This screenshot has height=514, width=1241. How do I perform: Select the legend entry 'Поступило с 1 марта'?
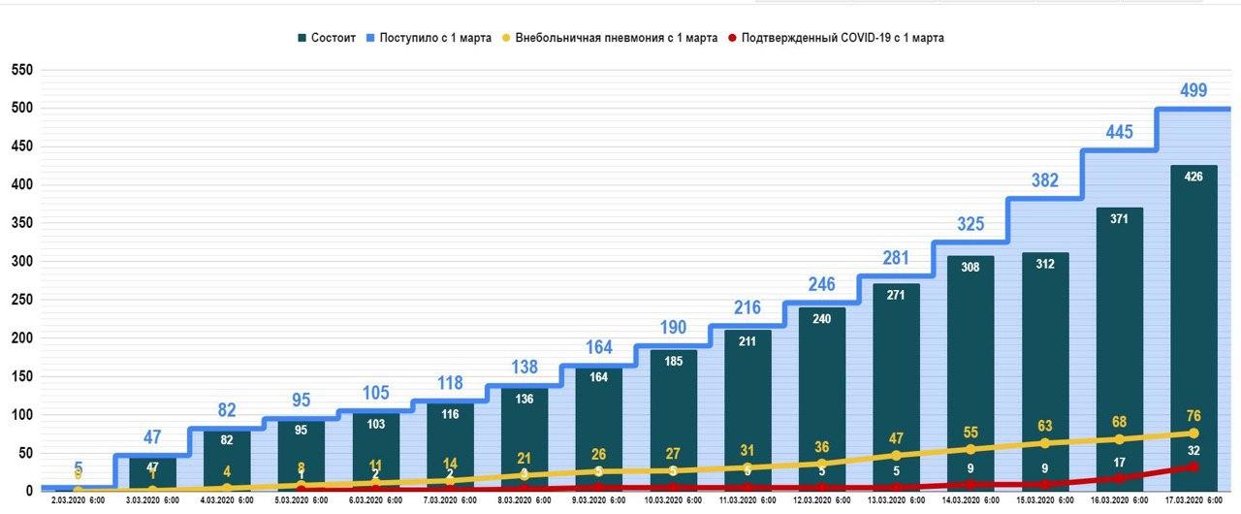(x=435, y=38)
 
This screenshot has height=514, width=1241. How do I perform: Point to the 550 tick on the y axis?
(x=21, y=70)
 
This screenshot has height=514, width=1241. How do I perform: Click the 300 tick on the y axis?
(x=21, y=261)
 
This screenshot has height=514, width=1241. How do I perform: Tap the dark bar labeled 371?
(x=1120, y=349)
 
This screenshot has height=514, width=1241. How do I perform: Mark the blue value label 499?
(x=1193, y=90)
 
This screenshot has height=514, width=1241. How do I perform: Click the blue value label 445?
(x=1120, y=132)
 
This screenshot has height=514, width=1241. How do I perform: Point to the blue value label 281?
(x=896, y=258)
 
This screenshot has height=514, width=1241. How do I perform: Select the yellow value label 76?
(x=1194, y=415)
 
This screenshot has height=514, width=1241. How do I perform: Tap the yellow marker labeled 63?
(x=1045, y=443)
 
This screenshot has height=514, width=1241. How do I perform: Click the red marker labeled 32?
(x=1193, y=466)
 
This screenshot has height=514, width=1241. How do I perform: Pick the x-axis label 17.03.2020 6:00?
(x=1193, y=500)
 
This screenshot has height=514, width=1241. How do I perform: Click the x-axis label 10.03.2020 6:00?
(x=673, y=500)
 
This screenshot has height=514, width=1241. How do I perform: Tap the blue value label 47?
(x=152, y=436)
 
